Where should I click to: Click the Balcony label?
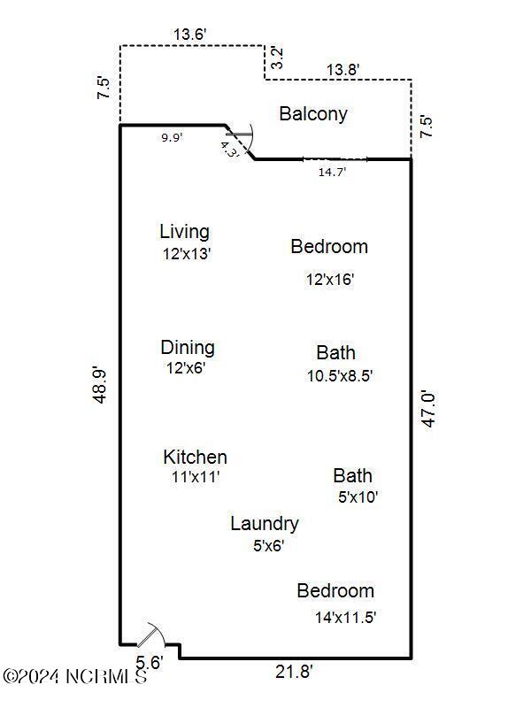click(x=313, y=113)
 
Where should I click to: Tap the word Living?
click(x=184, y=232)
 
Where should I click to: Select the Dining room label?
click(x=187, y=348)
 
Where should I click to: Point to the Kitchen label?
click(x=195, y=458)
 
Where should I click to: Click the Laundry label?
click(x=264, y=524)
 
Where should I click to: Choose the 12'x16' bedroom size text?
click(x=330, y=280)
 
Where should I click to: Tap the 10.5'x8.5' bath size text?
click(x=339, y=375)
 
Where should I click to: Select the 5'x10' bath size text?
click(x=358, y=497)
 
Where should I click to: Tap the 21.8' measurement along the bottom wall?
click(x=293, y=673)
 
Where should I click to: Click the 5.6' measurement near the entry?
click(x=149, y=661)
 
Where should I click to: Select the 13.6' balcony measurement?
click(x=190, y=35)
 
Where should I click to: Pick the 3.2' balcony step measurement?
click(x=277, y=58)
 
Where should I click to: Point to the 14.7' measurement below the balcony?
click(x=332, y=173)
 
